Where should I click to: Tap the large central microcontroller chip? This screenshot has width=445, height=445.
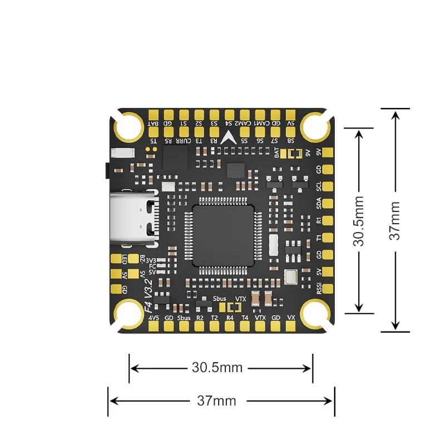[x=222, y=234]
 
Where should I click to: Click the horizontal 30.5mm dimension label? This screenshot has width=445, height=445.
[x=217, y=367]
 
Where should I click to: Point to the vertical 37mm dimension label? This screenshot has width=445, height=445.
[x=394, y=220]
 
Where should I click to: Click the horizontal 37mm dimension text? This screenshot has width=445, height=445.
[x=216, y=400]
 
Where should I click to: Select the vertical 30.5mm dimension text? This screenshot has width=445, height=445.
[x=359, y=220]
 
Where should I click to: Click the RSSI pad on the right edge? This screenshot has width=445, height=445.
[x=329, y=288]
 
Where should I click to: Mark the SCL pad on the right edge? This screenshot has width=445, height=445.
[x=329, y=186]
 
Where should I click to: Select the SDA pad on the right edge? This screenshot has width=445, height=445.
[x=329, y=203]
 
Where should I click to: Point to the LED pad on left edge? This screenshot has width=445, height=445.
[x=116, y=259]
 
